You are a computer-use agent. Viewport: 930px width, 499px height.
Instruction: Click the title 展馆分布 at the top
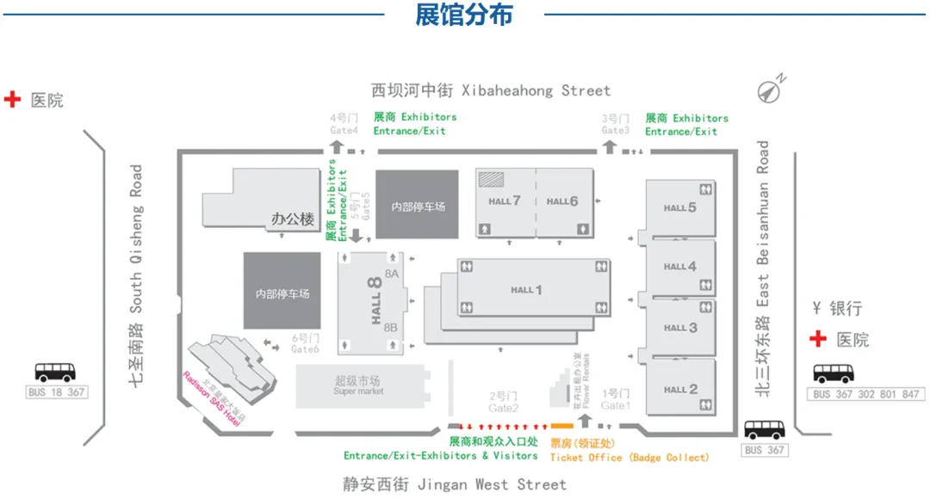pyautogui.click(x=463, y=15)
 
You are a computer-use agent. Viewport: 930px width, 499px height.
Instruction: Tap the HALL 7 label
pyautogui.click(x=505, y=201)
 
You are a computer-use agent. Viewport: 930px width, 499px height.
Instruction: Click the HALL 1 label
pyautogui.click(x=526, y=290)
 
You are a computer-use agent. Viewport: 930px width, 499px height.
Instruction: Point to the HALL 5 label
pyautogui.click(x=679, y=207)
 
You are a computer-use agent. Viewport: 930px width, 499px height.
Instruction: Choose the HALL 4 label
pyautogui.click(x=679, y=267)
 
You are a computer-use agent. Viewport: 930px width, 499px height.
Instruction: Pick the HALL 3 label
pyautogui.click(x=680, y=328)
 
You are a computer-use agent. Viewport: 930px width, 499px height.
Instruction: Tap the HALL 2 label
pyautogui.click(x=680, y=389)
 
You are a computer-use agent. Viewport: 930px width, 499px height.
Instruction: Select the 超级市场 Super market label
pyautogui.click(x=358, y=385)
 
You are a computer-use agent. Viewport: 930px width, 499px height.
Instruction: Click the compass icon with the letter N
pyautogui.click(x=770, y=89)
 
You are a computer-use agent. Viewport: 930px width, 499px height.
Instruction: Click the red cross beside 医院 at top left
pyautogui.click(x=13, y=100)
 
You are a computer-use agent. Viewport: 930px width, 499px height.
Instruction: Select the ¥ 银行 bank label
pyautogui.click(x=836, y=308)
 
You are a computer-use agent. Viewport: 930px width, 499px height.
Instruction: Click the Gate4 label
pyautogui.click(x=344, y=131)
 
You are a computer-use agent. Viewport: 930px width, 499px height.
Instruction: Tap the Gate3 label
pyautogui.click(x=616, y=131)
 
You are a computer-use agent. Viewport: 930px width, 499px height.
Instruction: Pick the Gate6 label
pyautogui.click(x=305, y=348)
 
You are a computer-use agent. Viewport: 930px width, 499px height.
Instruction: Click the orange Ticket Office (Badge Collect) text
pyautogui.click(x=629, y=458)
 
